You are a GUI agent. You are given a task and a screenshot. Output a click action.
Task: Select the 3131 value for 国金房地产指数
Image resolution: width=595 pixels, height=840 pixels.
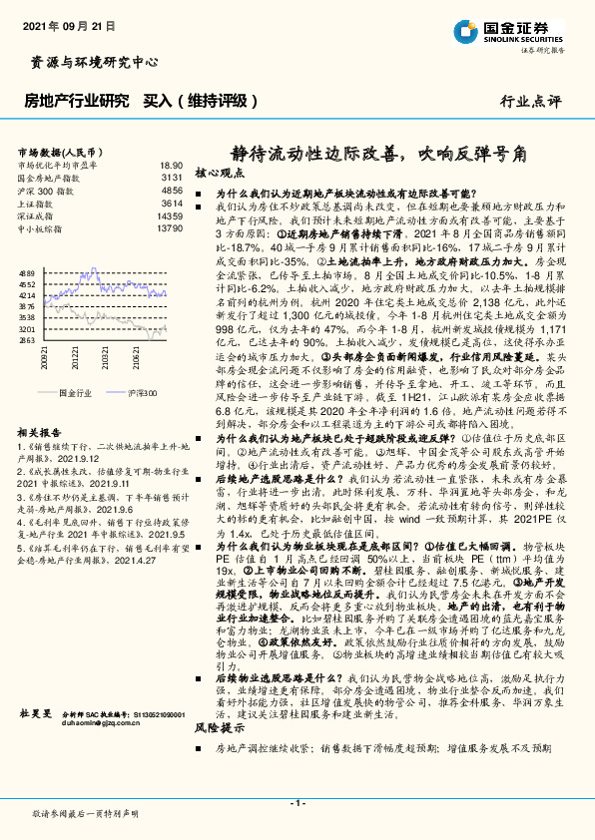(172, 177)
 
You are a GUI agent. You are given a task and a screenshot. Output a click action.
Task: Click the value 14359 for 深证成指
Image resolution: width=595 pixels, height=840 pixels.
(170, 215)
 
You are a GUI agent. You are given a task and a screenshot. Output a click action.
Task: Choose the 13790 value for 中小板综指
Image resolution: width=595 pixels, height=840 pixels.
(170, 228)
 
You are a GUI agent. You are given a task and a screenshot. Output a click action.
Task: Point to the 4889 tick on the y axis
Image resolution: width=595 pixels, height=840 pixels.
(27, 270)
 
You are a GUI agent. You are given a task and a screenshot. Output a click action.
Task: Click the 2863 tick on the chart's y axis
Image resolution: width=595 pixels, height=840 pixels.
(27, 339)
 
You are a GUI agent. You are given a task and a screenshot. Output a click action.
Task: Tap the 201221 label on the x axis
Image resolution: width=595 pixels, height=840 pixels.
(75, 356)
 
